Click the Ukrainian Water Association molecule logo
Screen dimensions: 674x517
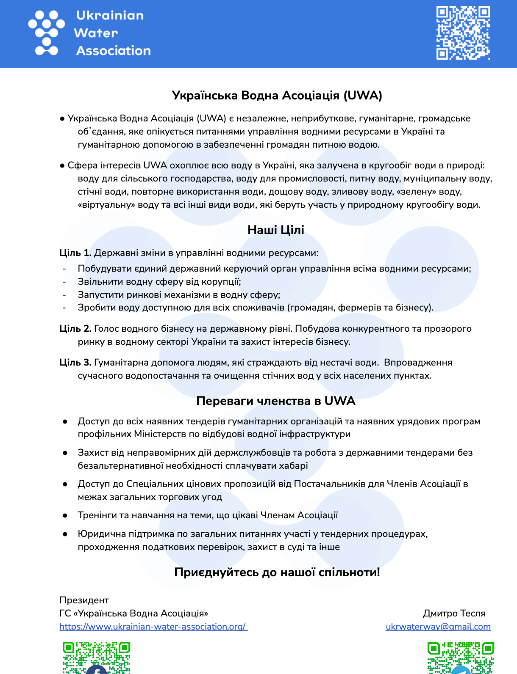(x=46, y=33)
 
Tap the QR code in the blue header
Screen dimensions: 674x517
(x=463, y=33)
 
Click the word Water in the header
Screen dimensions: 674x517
(x=96, y=33)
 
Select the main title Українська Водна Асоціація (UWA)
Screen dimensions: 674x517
(x=277, y=95)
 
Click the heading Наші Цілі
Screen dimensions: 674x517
(x=276, y=230)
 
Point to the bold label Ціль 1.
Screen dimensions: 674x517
(x=75, y=253)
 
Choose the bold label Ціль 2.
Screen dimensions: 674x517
(x=75, y=329)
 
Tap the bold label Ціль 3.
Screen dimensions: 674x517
(x=75, y=363)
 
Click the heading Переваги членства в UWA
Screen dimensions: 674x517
(x=275, y=401)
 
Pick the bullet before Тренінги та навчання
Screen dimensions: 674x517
(x=65, y=515)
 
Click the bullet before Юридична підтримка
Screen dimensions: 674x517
(x=65, y=534)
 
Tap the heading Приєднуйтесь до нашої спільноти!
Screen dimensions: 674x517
(x=277, y=572)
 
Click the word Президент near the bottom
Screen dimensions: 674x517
(x=84, y=600)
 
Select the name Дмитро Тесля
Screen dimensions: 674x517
(x=454, y=613)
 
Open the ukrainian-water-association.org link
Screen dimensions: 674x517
(x=153, y=627)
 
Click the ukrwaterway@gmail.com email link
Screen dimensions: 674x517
(x=438, y=627)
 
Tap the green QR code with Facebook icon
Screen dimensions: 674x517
(x=97, y=657)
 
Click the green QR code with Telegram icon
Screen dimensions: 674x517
(x=461, y=657)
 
